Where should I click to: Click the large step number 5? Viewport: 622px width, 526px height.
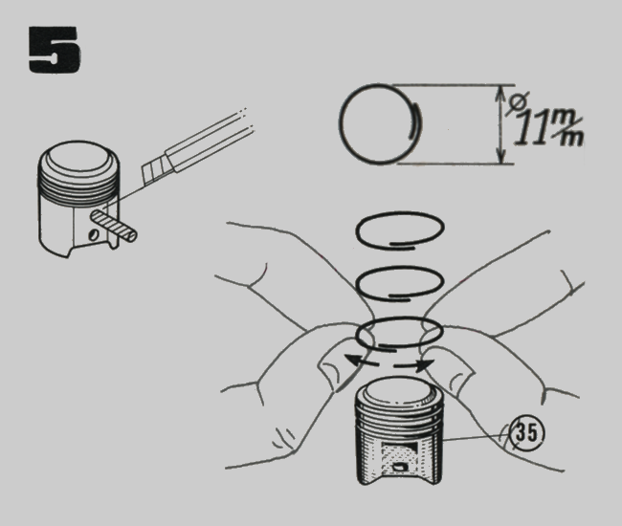click(55, 50)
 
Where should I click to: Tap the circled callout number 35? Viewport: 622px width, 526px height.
click(526, 432)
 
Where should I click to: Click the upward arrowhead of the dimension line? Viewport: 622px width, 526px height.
click(501, 95)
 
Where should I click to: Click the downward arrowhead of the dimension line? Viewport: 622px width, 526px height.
click(501, 155)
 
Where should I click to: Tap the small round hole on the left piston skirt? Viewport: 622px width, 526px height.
click(94, 234)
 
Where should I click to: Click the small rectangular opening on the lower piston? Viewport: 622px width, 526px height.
click(400, 468)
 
